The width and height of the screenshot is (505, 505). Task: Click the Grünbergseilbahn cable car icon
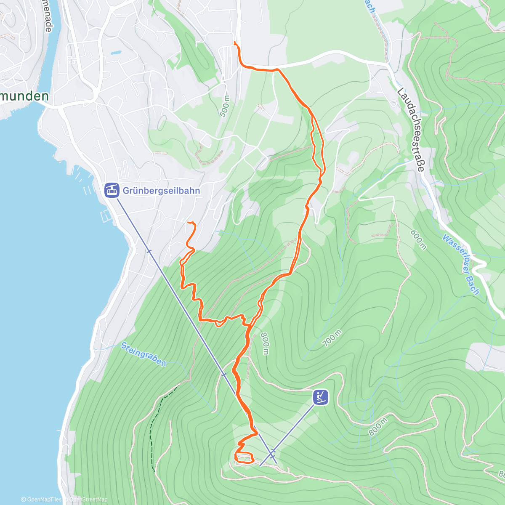tap(111, 190)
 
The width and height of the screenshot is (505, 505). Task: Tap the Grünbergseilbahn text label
tap(161, 191)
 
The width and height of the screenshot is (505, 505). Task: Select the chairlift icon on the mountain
tap(321, 397)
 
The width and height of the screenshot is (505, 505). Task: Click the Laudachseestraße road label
tap(410, 129)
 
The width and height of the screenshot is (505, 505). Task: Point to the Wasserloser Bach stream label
tap(460, 264)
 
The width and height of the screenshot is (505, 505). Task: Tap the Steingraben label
tap(144, 354)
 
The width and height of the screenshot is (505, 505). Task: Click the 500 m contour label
tap(225, 106)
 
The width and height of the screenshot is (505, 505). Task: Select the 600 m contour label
tap(419, 239)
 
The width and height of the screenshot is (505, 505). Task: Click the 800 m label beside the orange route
tap(264, 343)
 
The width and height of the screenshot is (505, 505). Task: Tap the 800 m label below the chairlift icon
tap(377, 427)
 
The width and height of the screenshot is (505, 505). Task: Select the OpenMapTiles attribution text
tap(41, 500)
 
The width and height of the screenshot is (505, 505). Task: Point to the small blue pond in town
tap(115, 53)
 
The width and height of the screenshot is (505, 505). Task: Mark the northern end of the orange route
tap(234, 43)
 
